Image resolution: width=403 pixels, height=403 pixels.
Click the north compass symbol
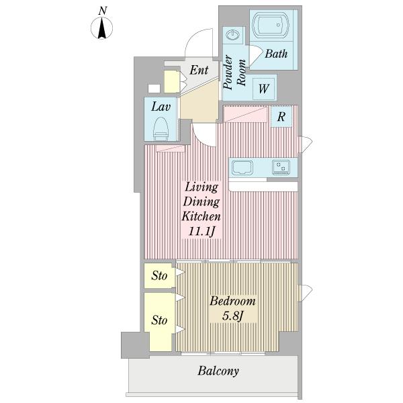(102, 28)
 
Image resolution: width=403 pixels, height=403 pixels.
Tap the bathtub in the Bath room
(271, 25)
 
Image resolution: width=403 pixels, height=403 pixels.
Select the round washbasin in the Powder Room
(233, 34)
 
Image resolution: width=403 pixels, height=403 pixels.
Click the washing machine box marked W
(263, 89)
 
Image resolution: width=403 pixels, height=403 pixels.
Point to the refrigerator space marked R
(281, 116)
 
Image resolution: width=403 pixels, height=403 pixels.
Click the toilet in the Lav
(161, 129)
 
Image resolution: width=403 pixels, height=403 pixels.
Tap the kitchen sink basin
(242, 167)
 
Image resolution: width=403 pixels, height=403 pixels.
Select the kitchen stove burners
(281, 167)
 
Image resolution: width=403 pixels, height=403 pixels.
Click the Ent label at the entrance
(199, 70)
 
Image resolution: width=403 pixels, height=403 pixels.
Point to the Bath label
(276, 54)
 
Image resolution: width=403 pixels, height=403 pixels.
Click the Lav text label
(161, 107)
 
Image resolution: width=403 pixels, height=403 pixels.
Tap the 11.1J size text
(201, 232)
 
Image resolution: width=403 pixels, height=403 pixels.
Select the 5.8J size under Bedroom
(232, 316)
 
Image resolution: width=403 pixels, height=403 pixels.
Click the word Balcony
(218, 371)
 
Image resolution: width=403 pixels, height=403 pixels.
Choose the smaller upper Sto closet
(159, 275)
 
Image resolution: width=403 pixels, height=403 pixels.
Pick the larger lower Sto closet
(159, 322)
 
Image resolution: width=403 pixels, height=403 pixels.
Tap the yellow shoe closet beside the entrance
(172, 81)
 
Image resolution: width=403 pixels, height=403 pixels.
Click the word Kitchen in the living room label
(201, 216)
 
